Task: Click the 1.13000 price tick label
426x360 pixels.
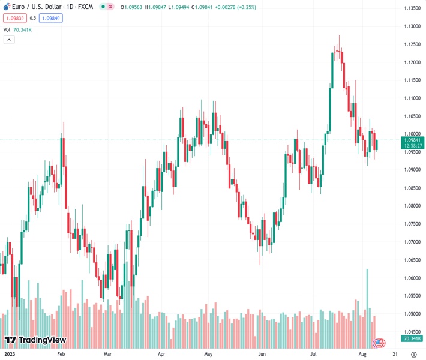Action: (411, 26)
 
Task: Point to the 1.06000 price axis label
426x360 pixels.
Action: (411, 278)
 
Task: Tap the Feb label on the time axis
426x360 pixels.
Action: (61, 354)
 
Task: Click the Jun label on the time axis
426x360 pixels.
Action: (262, 354)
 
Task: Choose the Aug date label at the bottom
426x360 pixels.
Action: (363, 354)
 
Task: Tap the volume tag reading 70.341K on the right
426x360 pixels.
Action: (411, 339)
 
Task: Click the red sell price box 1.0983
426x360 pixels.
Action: (14, 18)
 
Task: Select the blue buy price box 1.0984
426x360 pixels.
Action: (50, 18)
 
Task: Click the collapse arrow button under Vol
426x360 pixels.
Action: (9, 40)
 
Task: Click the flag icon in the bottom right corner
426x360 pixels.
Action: (379, 343)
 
